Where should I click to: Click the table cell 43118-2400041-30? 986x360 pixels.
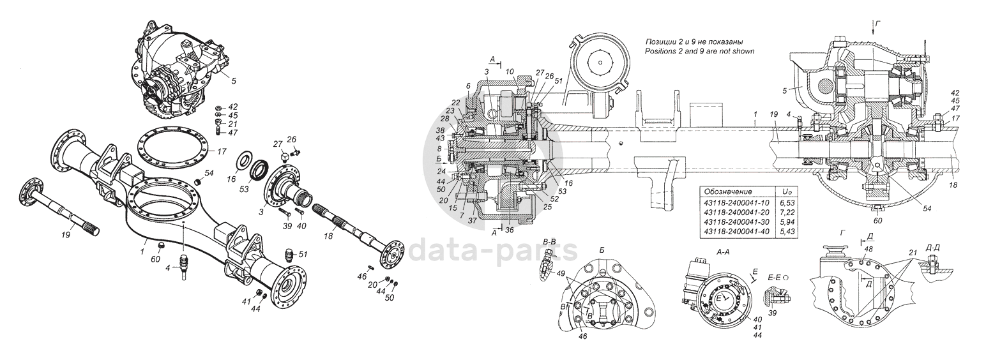click(735, 220)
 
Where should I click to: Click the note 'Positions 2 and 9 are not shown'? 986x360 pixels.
click(699, 51)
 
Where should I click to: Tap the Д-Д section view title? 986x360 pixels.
click(933, 246)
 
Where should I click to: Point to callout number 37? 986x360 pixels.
click(474, 221)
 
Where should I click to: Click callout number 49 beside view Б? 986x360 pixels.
click(561, 274)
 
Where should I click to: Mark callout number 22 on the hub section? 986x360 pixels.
click(455, 103)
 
